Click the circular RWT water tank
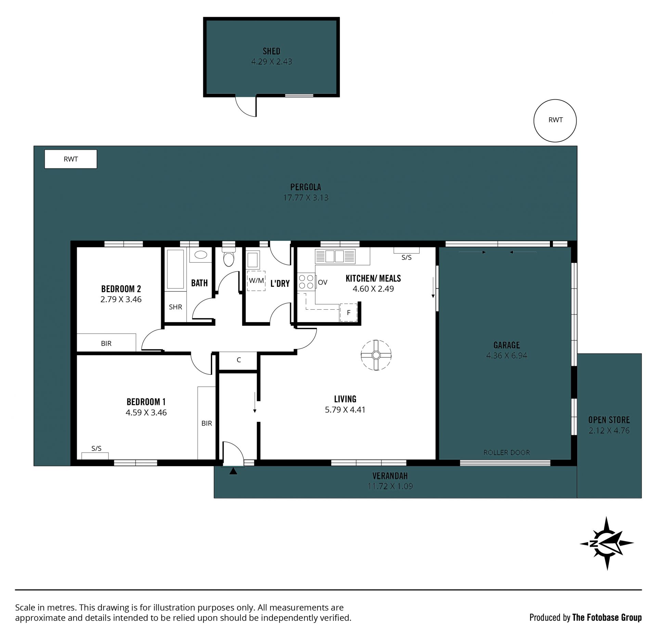click(555, 120)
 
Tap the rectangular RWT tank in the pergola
click(71, 159)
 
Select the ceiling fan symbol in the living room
click(376, 355)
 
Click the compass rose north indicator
click(607, 543)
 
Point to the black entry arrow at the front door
click(233, 471)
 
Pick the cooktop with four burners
click(306, 282)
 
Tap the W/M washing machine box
click(256, 281)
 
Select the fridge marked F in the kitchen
click(348, 312)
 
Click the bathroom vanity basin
click(201, 255)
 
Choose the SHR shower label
click(176, 307)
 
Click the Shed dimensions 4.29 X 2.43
click(272, 62)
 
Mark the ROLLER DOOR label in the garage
click(506, 453)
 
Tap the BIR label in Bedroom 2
click(106, 343)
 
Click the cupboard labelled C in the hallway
click(238, 361)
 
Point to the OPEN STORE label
click(609, 420)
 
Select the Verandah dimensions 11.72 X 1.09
click(390, 486)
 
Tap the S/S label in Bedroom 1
click(96, 448)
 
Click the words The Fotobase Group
click(607, 617)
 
